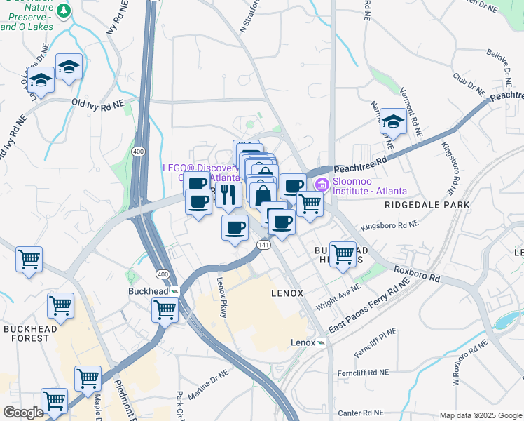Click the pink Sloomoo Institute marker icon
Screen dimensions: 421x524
click(322, 185)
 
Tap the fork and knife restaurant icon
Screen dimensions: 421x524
click(228, 194)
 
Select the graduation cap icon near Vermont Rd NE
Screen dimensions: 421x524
click(394, 122)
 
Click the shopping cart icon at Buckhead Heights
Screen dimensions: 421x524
click(343, 254)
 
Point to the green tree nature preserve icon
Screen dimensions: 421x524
click(64, 11)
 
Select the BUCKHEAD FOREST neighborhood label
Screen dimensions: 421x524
click(26, 333)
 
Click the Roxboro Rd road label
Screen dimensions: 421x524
click(416, 273)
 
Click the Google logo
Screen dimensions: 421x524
click(23, 413)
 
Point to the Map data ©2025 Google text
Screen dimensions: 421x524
click(480, 415)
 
